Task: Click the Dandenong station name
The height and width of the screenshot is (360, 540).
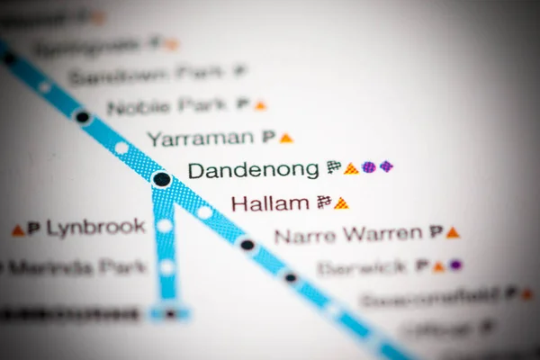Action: coord(253,169)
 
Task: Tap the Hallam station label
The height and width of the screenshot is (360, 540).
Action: coord(270,203)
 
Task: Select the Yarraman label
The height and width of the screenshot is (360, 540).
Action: coord(200,138)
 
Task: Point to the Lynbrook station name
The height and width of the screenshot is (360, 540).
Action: coord(95,228)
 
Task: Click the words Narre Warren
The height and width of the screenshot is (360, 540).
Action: coord(347,236)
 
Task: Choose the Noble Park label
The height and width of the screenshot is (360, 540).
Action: coord(166,106)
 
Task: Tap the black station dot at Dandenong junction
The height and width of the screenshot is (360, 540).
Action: coord(162,179)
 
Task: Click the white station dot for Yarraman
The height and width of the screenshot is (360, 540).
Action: coord(121,148)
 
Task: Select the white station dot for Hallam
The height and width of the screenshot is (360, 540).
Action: coord(204,212)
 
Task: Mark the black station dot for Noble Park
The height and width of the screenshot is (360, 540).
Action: coord(83,116)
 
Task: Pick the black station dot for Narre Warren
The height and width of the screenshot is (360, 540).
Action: coord(247,244)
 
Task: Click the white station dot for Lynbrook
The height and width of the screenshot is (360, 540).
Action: coord(165,226)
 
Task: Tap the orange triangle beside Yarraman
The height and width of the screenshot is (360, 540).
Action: coord(286,138)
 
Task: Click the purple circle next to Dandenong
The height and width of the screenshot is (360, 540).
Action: coord(369,166)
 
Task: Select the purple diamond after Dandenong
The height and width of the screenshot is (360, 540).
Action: coord(386,166)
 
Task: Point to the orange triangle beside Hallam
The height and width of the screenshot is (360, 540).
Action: coord(341,203)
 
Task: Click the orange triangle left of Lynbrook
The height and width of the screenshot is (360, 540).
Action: coord(18,230)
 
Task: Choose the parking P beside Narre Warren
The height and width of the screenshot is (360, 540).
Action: coord(436,231)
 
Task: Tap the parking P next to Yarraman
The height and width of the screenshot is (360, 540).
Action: coord(268,137)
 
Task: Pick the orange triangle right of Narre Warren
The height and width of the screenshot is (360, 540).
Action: coord(453,232)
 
